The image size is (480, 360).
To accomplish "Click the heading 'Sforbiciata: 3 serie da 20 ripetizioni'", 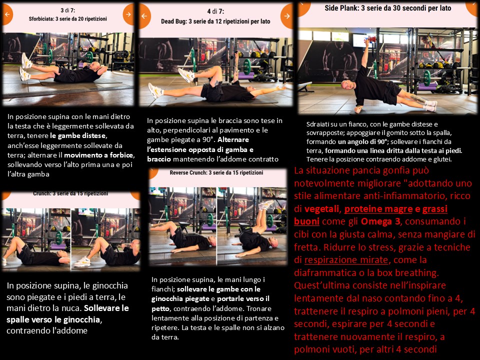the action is tap(68, 19).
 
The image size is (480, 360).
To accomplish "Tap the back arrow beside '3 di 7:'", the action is tap(7, 14).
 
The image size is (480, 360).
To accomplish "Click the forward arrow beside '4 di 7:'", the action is tap(287, 16).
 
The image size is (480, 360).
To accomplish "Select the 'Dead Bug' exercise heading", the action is tap(215, 21).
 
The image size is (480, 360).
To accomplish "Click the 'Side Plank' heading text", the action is tap(388, 8).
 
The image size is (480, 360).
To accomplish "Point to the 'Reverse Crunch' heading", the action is tap(216, 172).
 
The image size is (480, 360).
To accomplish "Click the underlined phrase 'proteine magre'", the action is tap(378, 209).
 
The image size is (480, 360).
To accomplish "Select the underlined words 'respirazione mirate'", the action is tap(346, 260).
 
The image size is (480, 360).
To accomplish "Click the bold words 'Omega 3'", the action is tap(380, 221).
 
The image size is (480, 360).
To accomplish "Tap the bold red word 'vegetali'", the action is tap(321, 209).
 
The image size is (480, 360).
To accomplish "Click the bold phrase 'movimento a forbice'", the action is tap(98, 155).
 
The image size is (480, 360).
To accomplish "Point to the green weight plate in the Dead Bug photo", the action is tap(247, 66).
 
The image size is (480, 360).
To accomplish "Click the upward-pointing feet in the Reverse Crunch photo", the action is tap(265, 204).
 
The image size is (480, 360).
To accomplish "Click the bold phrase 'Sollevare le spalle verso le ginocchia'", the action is tap(67, 314).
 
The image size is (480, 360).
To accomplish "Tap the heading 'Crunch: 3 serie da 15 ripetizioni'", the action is tap(70, 193).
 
